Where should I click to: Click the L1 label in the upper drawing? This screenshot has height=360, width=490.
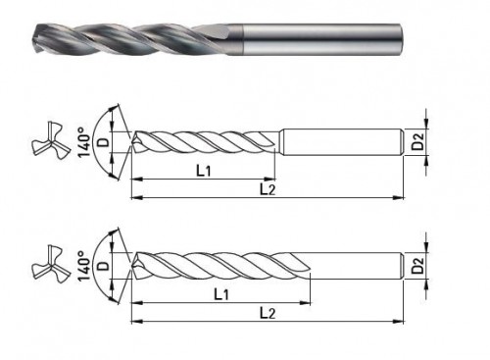coord(204,170)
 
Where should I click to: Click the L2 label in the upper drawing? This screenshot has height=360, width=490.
coord(268,189)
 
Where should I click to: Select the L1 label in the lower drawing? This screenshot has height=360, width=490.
coord(221,294)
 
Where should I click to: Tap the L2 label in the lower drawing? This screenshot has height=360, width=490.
coord(268,313)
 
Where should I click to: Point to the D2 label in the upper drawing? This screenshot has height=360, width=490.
coord(417,141)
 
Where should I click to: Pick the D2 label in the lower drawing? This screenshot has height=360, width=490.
coord(417,265)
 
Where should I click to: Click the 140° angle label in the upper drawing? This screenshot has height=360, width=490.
coord(84,142)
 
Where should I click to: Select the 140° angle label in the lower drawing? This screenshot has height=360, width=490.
coord(84,266)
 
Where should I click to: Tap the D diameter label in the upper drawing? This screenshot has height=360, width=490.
coord(104,142)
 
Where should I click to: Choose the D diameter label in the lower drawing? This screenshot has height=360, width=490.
coord(104,266)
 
